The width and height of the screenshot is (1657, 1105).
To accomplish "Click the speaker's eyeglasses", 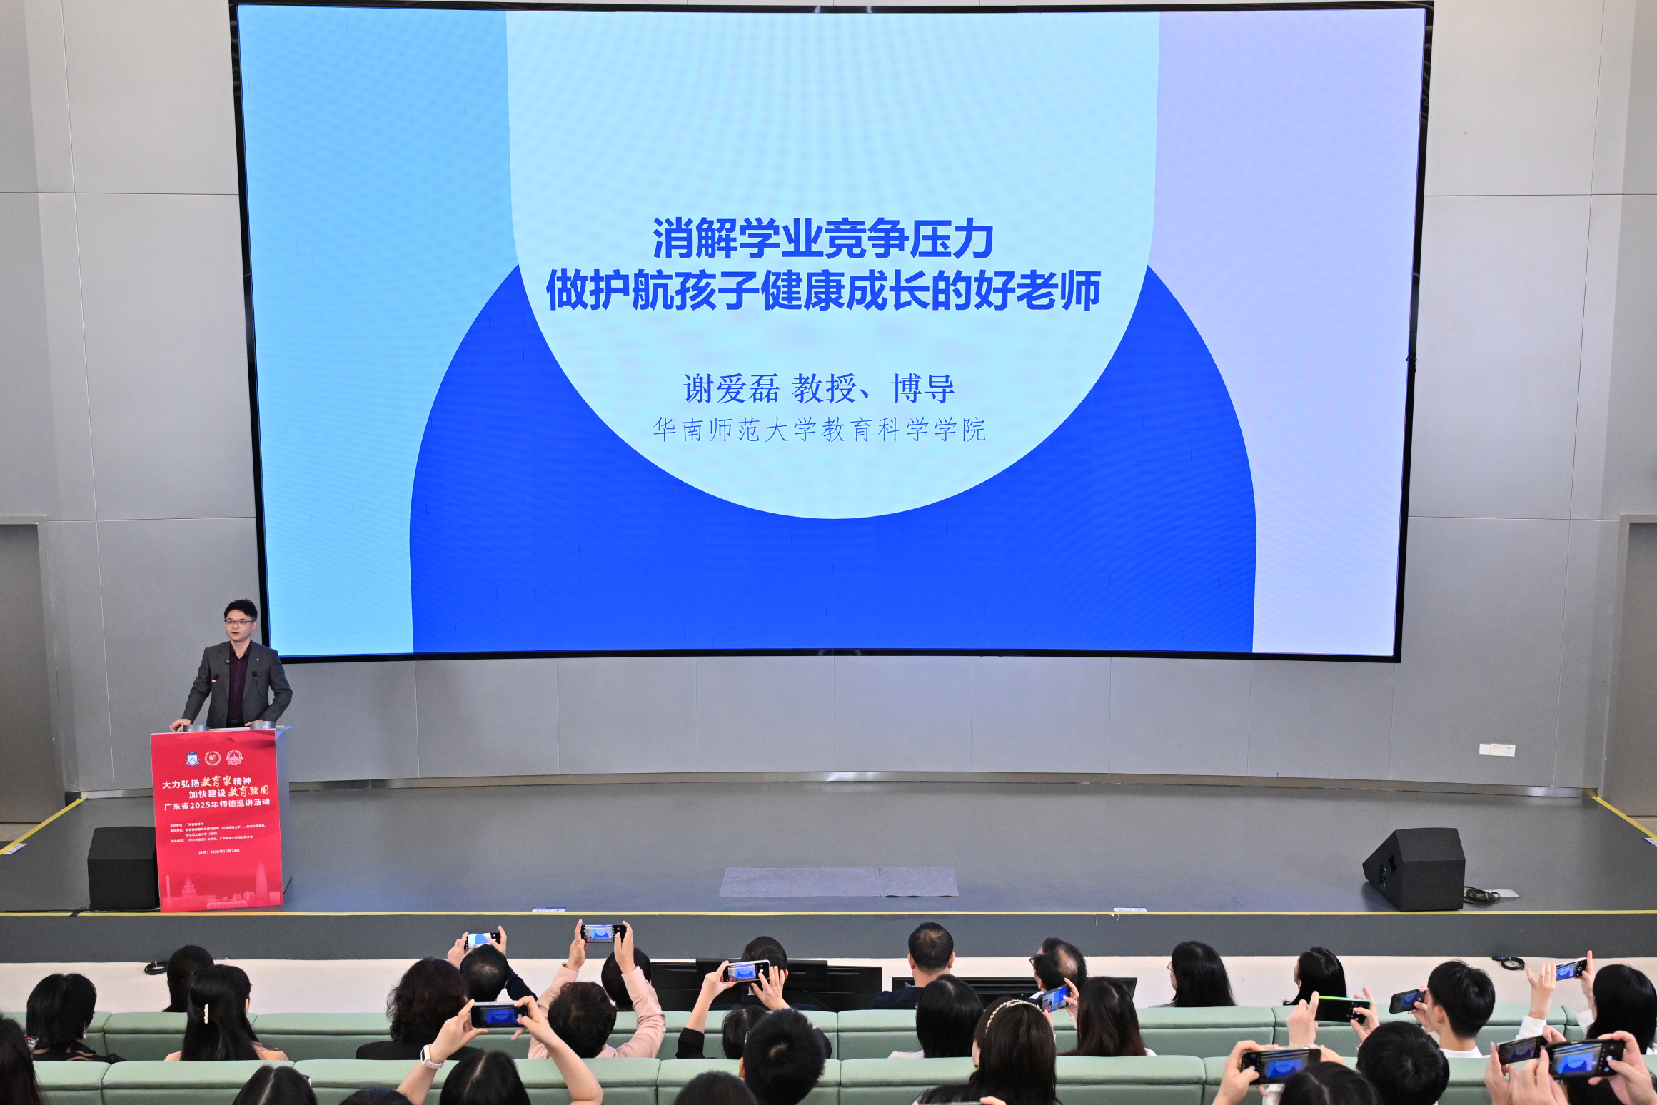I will [239, 622].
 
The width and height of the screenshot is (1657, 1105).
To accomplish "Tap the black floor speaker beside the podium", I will [121, 867].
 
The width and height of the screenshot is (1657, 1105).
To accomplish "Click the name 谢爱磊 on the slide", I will [730, 389].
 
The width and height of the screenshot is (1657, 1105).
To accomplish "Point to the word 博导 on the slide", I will [922, 389].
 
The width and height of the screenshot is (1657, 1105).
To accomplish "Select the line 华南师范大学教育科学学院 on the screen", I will [819, 430].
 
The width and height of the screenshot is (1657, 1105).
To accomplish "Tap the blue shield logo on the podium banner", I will [192, 758].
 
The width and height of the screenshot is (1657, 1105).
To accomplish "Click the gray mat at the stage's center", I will [839, 882].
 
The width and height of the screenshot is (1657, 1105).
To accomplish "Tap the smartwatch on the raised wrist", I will [431, 1056].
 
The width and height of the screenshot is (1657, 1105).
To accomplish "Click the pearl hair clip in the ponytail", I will [207, 1014].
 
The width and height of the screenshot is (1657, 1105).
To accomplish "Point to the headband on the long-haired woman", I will [1010, 1008].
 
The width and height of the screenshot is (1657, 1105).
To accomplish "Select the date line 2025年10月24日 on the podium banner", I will [219, 852].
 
